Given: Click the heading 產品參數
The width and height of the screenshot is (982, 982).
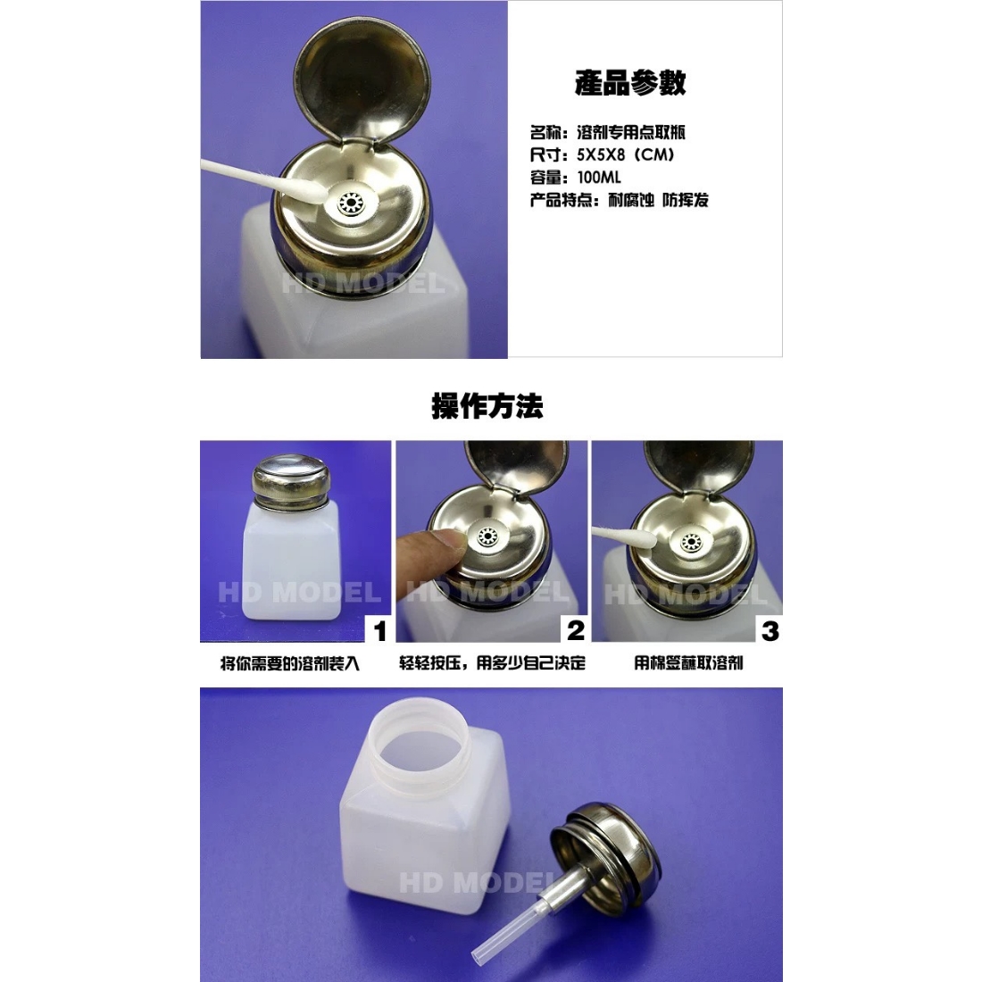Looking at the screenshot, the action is (x=630, y=83).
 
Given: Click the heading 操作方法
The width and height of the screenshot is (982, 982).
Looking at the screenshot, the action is (x=487, y=406).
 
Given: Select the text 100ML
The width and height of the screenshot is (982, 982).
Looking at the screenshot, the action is (x=599, y=178).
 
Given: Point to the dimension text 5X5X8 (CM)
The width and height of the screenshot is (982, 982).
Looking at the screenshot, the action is (x=626, y=154).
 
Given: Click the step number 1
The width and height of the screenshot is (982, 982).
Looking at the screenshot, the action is (x=379, y=631).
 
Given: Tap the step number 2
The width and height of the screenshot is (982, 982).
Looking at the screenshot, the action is (x=576, y=630).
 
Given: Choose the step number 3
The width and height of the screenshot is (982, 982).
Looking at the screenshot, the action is (x=770, y=630).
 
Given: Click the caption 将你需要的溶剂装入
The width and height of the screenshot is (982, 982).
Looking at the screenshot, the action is (x=290, y=664).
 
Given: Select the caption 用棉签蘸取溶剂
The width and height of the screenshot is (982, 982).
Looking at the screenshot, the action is (x=688, y=663).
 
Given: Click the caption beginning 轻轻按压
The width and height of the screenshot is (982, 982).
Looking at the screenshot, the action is (x=492, y=663).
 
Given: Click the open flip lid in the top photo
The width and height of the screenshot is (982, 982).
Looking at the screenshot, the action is (x=362, y=79).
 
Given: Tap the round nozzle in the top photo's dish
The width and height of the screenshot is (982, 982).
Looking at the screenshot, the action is (x=350, y=204).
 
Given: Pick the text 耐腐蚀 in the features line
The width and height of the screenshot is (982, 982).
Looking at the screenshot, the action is (x=630, y=200).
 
